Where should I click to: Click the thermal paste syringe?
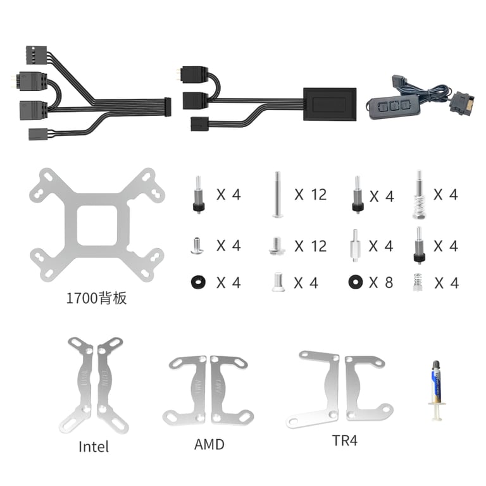tap(437, 390)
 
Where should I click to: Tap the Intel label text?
tap(94, 447)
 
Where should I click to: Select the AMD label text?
tap(209, 444)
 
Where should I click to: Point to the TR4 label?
tap(345, 440)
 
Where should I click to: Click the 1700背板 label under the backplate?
tap(96, 298)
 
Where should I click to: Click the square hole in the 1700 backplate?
tap(97, 226)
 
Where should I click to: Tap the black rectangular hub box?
tap(330, 104)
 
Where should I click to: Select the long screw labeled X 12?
tap(277, 194)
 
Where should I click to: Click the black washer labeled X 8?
tap(356, 282)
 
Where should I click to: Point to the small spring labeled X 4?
tap(418, 282)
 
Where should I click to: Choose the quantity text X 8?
tap(381, 282)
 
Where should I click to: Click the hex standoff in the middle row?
tap(355, 246)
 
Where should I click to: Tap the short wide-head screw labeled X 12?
tap(277, 246)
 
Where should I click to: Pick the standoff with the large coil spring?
tap(420, 195)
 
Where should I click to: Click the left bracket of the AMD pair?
tap(185, 391)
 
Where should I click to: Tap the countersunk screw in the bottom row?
tap(278, 282)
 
